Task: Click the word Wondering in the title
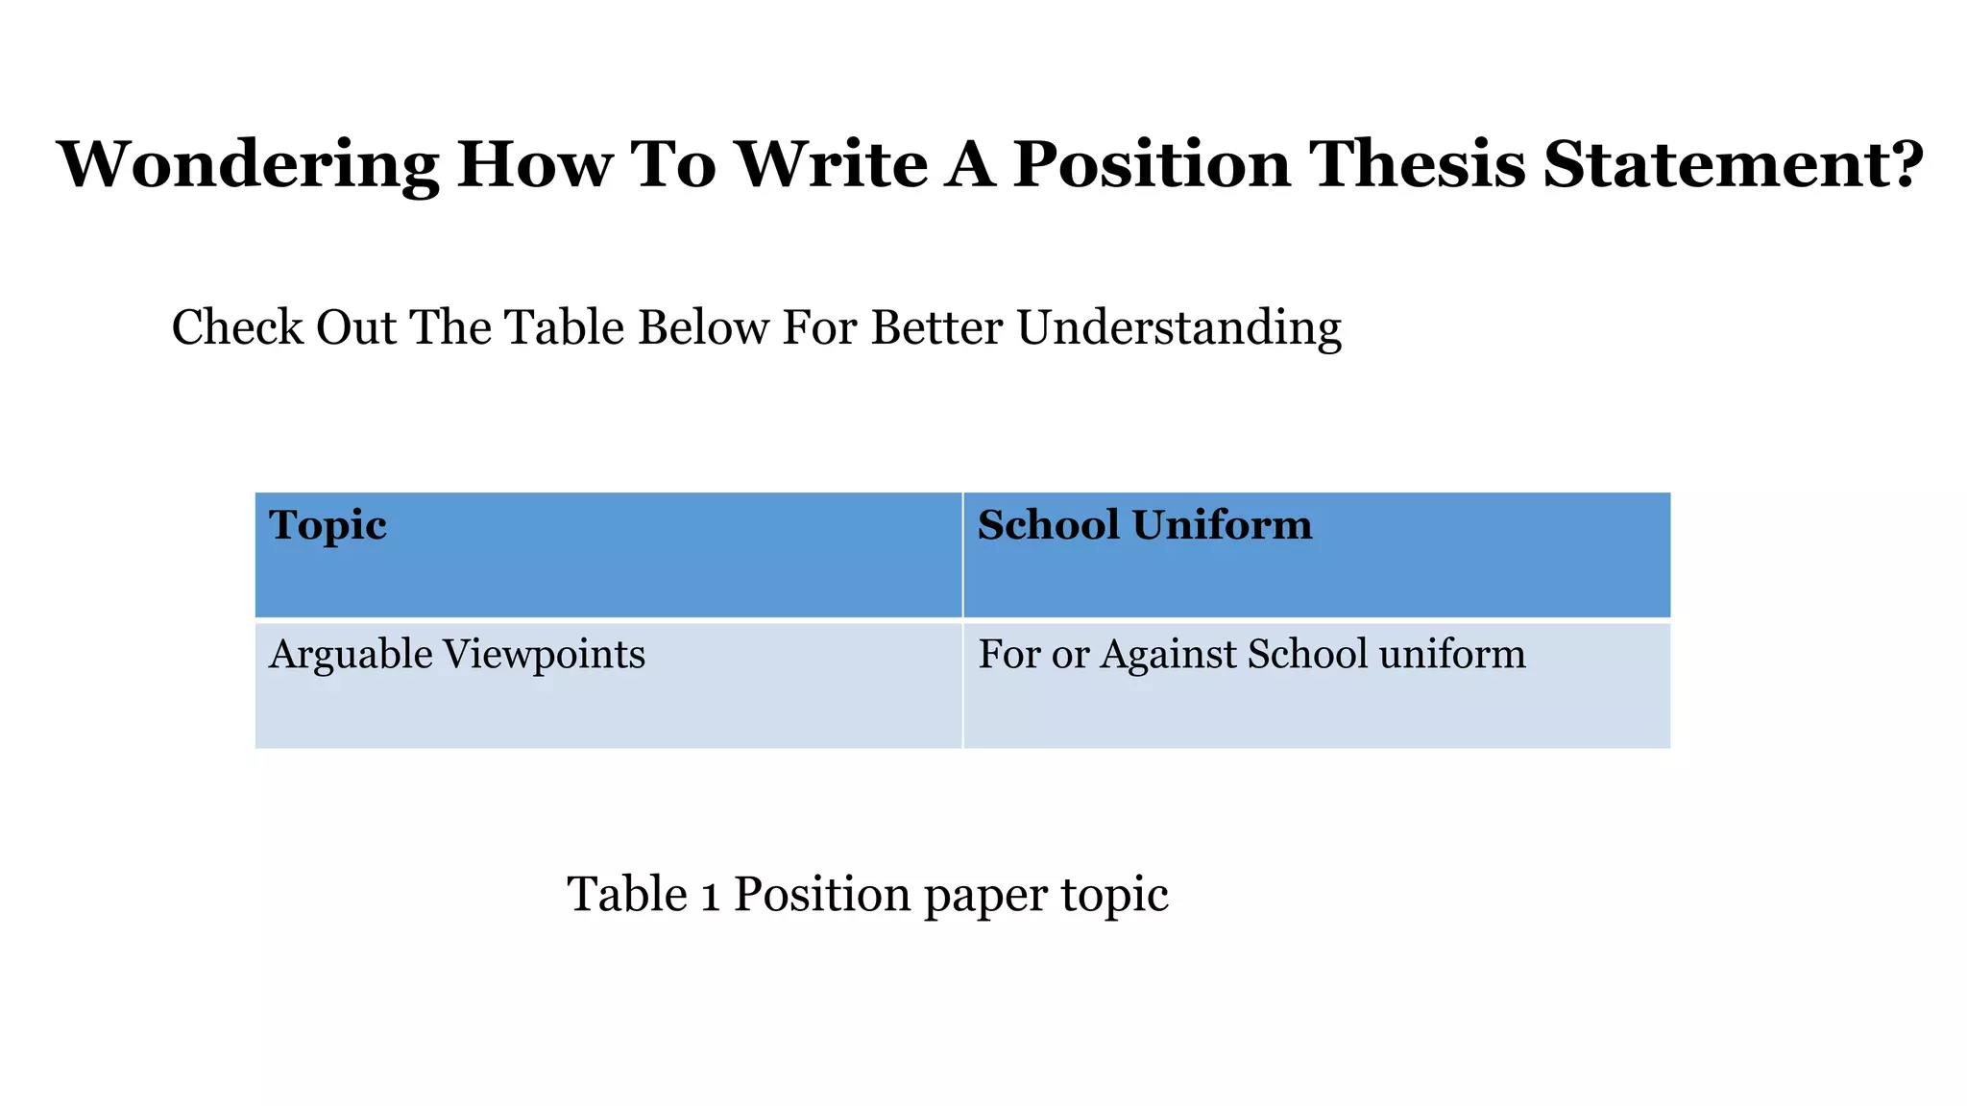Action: pyautogui.click(x=248, y=165)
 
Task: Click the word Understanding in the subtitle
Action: pyautogui.click(x=1178, y=327)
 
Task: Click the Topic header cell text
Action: pyautogui.click(x=328, y=525)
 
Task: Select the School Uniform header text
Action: pyautogui.click(x=1144, y=525)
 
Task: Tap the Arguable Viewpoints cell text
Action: pyautogui.click(x=456, y=655)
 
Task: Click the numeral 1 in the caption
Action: pyautogui.click(x=711, y=896)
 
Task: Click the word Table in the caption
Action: pyautogui.click(x=627, y=895)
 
